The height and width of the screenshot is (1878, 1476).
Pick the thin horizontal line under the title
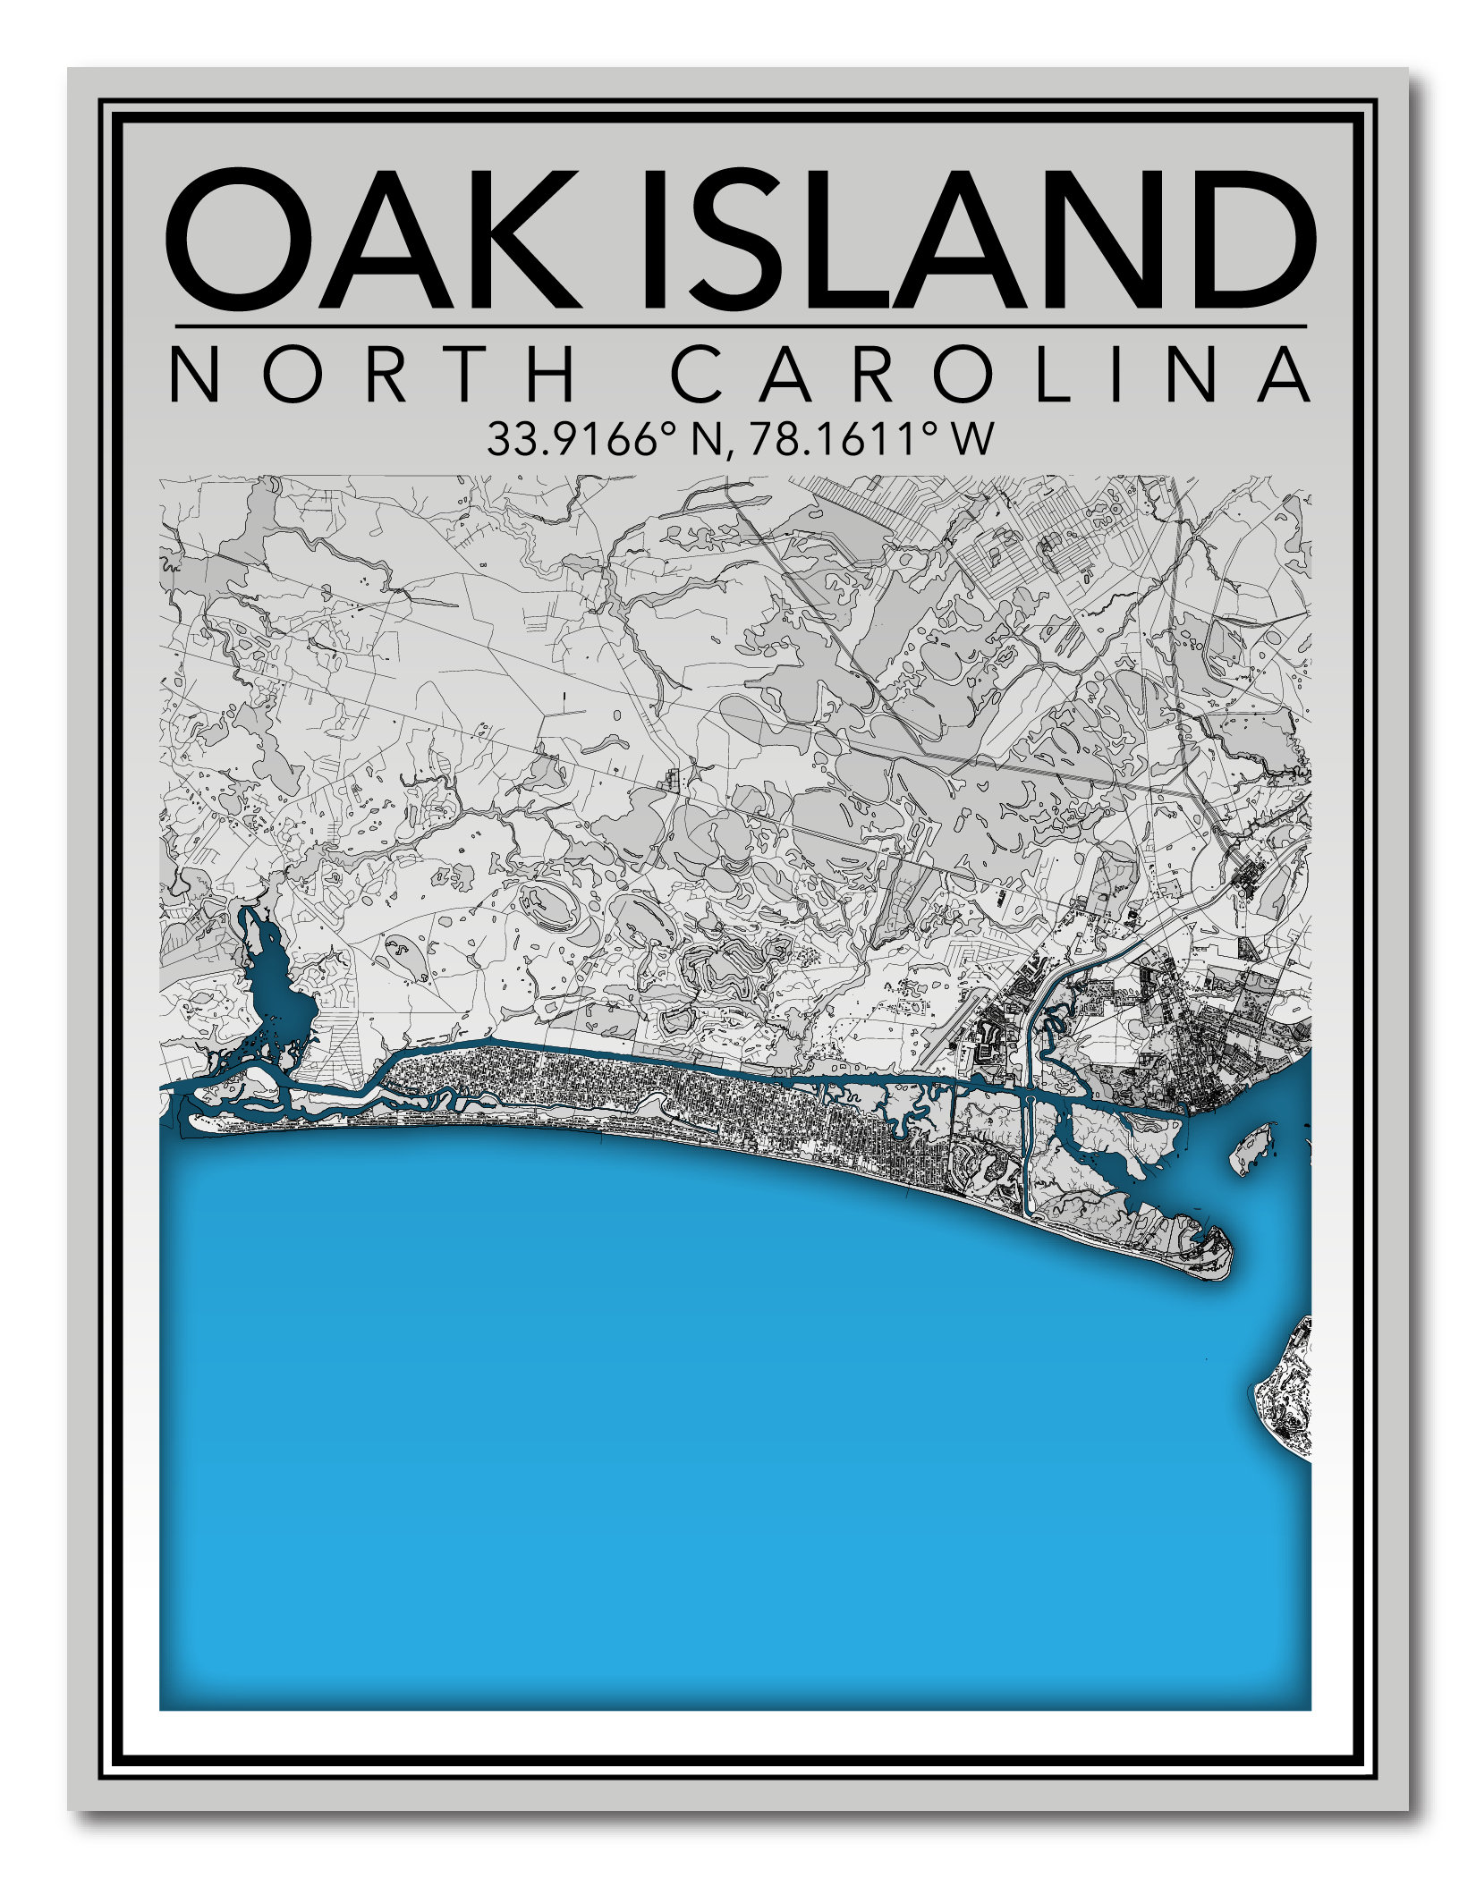[x=741, y=326]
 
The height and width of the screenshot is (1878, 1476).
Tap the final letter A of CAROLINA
[x=1285, y=376]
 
